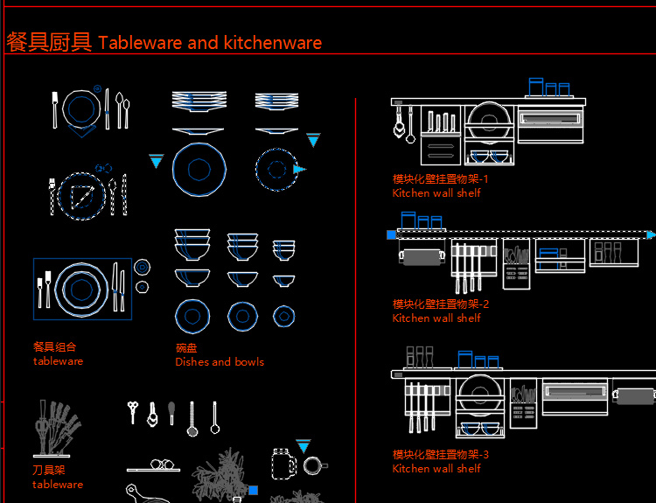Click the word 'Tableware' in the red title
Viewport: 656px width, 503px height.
point(140,42)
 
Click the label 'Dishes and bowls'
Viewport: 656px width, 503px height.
point(220,361)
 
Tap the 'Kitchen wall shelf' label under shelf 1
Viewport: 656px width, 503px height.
point(436,193)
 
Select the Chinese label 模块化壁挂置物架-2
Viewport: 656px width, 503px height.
point(441,304)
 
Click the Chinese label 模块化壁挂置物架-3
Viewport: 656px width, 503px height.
point(441,455)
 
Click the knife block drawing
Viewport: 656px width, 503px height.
point(56,430)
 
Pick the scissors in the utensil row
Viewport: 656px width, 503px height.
point(133,411)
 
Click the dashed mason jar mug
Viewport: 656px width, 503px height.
point(283,464)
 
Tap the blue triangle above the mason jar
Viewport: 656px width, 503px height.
point(303,446)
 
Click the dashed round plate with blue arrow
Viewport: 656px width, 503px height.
point(276,169)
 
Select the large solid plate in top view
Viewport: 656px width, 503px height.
point(199,169)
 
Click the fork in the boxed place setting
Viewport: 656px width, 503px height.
point(42,289)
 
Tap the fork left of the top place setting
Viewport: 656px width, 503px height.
point(55,109)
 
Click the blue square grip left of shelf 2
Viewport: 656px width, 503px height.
point(391,234)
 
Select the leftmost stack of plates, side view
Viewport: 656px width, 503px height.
point(199,101)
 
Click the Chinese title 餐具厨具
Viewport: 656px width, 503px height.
point(49,42)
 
